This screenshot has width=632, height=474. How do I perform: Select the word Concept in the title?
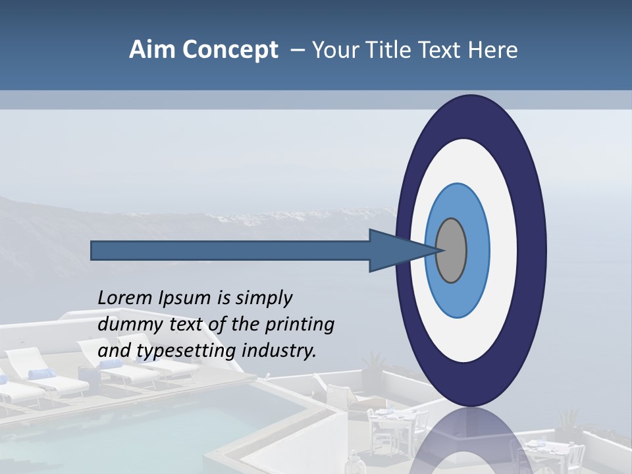230,50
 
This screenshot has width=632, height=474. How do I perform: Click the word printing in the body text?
300,325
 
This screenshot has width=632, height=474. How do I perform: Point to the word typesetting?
187,351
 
